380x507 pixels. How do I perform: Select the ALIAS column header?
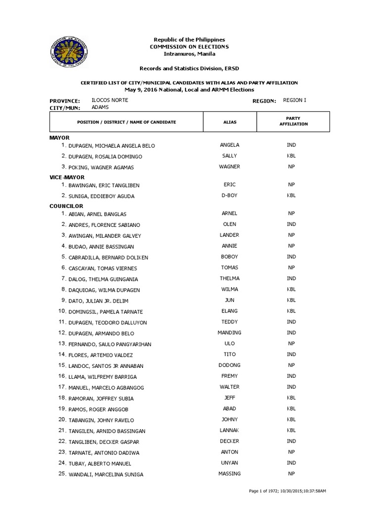pyautogui.click(x=230, y=122)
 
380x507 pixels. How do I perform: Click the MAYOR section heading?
pyautogui.click(x=59, y=138)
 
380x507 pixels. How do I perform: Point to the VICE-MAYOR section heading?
pyautogui.click(x=67, y=177)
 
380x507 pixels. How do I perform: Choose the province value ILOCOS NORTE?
pyautogui.click(x=110, y=101)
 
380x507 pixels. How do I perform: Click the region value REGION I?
pyautogui.click(x=294, y=101)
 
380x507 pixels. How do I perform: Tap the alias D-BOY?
pyautogui.click(x=230, y=196)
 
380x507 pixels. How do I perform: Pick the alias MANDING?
pyautogui.click(x=230, y=333)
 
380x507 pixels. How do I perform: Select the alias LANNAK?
pyautogui.click(x=230, y=430)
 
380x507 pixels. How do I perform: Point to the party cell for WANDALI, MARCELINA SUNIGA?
pyautogui.click(x=291, y=474)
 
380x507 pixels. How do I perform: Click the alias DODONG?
pyautogui.click(x=230, y=365)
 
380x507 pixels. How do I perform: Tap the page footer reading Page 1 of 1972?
pyautogui.click(x=287, y=491)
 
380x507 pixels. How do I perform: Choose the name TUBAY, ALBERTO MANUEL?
pyautogui.click(x=103, y=463)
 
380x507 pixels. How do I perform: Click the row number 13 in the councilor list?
pyautogui.click(x=62, y=344)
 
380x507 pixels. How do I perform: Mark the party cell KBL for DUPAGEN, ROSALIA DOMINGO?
pyautogui.click(x=291, y=156)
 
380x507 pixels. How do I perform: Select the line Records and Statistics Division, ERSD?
pyautogui.click(x=190, y=68)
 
